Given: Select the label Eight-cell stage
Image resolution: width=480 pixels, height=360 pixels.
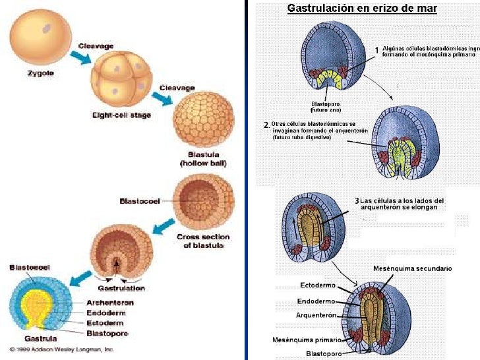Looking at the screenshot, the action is (121, 115).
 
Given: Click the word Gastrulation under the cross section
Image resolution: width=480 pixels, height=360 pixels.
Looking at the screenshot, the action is (121, 288).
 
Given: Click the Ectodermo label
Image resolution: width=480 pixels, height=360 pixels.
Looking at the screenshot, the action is (318, 285).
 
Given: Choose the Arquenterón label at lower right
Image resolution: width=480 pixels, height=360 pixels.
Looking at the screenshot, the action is (316, 316).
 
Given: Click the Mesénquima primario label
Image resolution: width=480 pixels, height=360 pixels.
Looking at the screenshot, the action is (307, 340).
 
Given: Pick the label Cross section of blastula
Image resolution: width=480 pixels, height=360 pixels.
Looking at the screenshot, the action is (203, 241).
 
